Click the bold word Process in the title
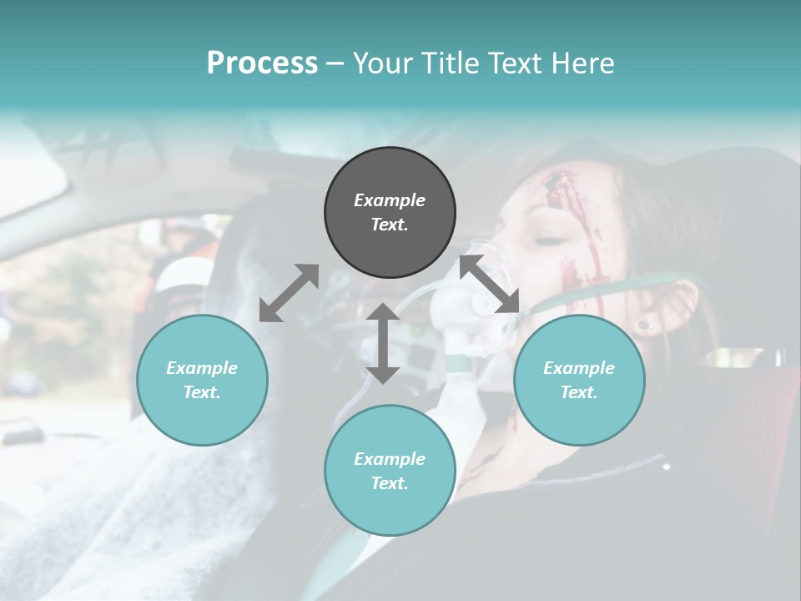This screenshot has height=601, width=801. [x=262, y=63]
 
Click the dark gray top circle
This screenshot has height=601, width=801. [x=390, y=213]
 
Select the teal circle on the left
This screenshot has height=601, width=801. [x=202, y=380]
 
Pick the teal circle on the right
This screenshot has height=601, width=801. [x=579, y=380]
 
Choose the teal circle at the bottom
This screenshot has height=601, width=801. [x=390, y=471]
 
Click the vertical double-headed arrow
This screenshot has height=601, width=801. [x=383, y=343]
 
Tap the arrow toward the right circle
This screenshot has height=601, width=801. [x=490, y=285]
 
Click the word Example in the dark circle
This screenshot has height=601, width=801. [x=390, y=200]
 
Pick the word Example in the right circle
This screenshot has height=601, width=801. [x=579, y=368]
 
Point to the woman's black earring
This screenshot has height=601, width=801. [x=643, y=325]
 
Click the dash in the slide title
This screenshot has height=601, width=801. [x=335, y=63]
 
